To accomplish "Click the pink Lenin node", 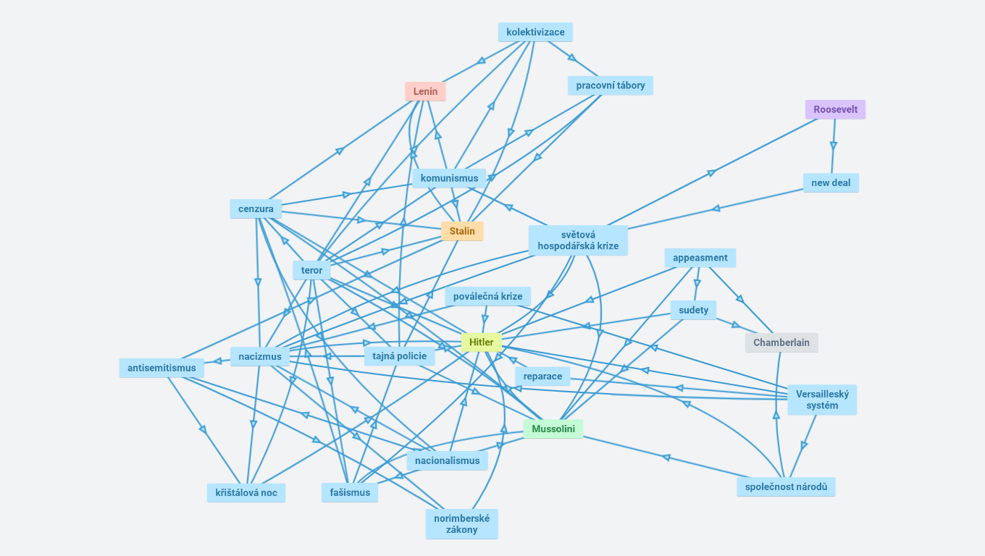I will [425, 92].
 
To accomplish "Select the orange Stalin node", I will [462, 232].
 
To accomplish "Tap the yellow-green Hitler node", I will [482, 342].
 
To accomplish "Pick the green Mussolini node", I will [553, 429].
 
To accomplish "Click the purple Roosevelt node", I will [835, 110].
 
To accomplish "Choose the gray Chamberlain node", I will [781, 343].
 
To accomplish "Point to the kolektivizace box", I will [535, 33].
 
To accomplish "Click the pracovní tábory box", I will [611, 86].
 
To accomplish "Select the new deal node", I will [831, 183].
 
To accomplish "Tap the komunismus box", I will [449, 179].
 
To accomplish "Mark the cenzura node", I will [256, 209].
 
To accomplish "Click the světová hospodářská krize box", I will [578, 240].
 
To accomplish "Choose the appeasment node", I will [700, 258].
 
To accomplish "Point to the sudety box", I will [693, 311].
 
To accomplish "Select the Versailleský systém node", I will [822, 400].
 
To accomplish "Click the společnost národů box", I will [786, 487].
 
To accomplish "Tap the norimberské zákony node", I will [462, 524].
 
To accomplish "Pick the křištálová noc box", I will [246, 493].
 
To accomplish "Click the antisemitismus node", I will [162, 368].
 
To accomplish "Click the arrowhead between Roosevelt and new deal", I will [834, 146].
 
